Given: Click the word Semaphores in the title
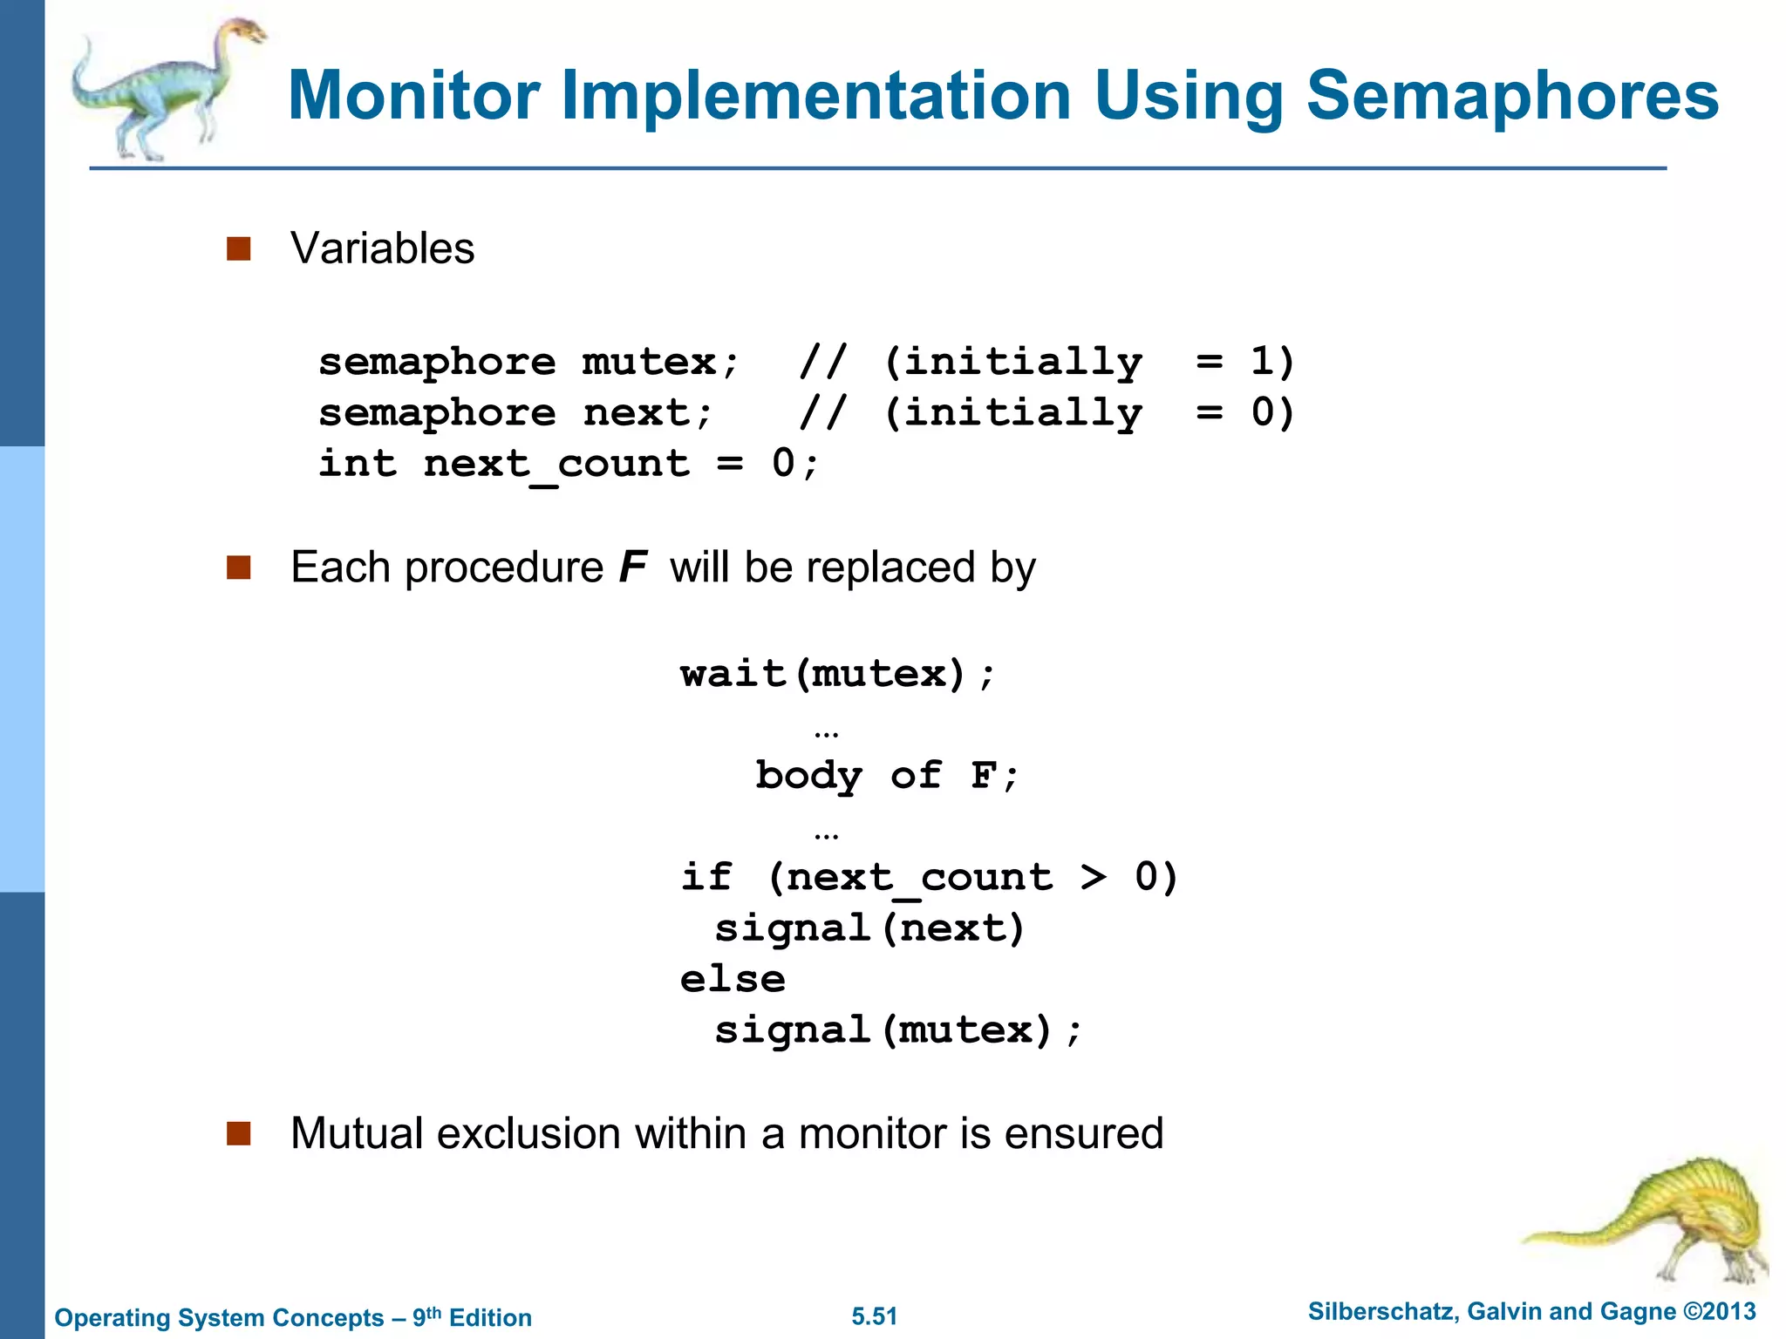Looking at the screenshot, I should [x=1511, y=96].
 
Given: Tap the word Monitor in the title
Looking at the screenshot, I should [x=413, y=96].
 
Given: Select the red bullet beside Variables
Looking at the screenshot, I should [x=238, y=249].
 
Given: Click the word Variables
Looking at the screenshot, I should [x=382, y=248].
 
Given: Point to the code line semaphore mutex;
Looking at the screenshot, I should [x=529, y=362].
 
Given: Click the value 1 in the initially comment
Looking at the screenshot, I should [x=1261, y=361].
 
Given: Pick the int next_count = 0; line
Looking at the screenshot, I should [x=569, y=464].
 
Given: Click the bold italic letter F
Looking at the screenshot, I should [x=632, y=568].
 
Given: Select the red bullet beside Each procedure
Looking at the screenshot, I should [x=238, y=568].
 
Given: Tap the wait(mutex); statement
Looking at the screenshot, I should [x=837, y=674].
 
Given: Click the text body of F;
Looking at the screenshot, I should [x=886, y=776].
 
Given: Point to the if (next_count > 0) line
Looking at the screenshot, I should [x=929, y=877].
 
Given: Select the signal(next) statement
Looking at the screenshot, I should [x=869, y=928].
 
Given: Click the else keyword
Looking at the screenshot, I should [x=733, y=979].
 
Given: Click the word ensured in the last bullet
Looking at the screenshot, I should [x=1083, y=1134].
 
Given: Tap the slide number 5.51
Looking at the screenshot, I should [x=874, y=1316].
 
